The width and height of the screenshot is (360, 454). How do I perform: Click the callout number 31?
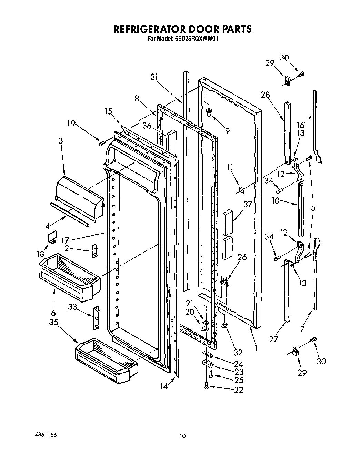click(154, 77)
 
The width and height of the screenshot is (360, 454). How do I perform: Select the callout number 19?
click(71, 123)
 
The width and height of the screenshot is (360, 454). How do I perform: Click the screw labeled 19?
click(101, 143)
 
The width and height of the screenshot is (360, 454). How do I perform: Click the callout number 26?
click(242, 257)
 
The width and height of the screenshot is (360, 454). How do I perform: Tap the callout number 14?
click(164, 387)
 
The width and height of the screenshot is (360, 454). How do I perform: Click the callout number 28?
click(265, 95)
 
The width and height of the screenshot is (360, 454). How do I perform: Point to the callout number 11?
click(230, 167)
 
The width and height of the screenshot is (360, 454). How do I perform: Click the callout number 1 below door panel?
click(256, 348)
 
